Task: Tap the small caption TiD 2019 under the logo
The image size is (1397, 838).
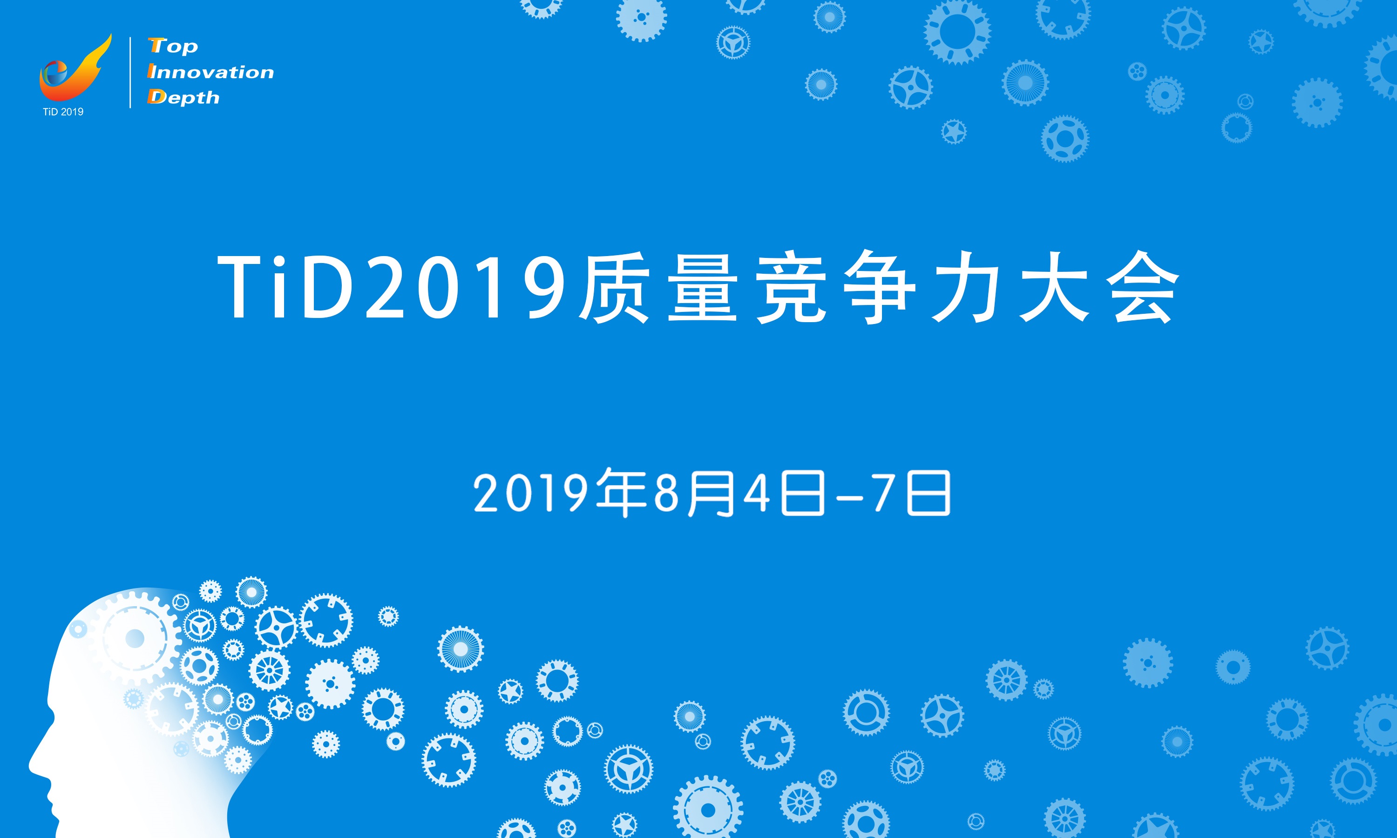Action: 63,112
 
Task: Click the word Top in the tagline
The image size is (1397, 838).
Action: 173,45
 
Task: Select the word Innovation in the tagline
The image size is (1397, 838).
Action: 210,71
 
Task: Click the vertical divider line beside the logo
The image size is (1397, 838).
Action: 130,72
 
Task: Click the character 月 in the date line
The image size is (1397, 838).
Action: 709,493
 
